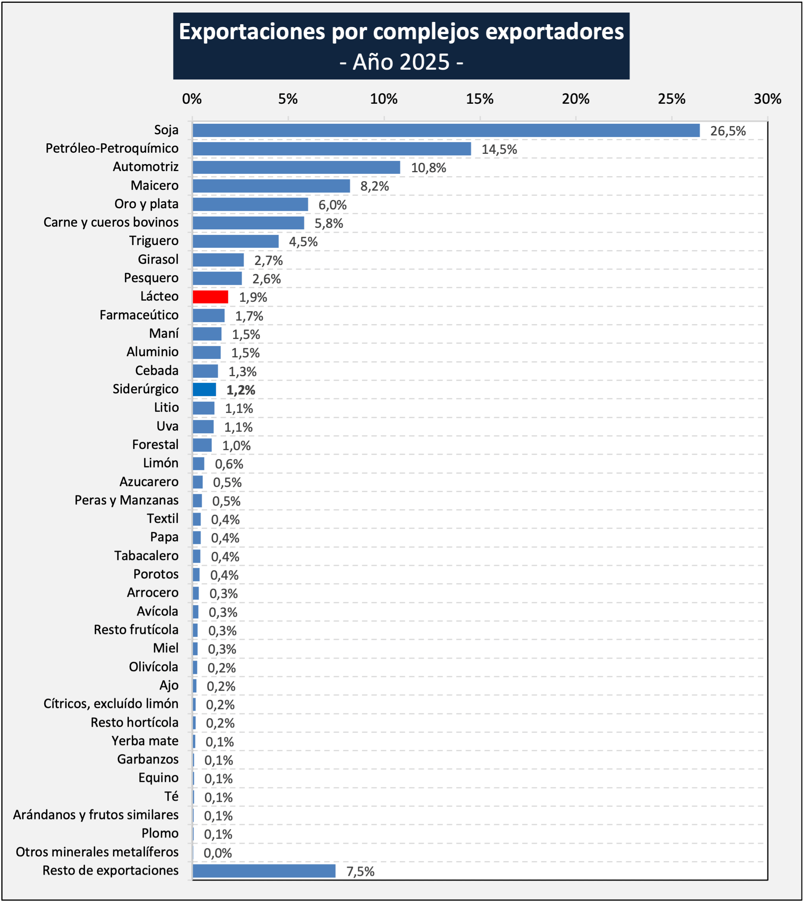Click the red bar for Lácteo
click(x=210, y=297)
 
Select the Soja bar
click(x=446, y=130)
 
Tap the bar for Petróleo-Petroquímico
click(x=331, y=149)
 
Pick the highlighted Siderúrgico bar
click(x=204, y=390)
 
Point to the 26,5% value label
click(x=728, y=131)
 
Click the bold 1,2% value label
click(x=241, y=390)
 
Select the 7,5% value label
click(x=360, y=872)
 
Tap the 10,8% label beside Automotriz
click(x=428, y=168)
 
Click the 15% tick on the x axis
click(x=480, y=99)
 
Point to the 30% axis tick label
click(x=767, y=99)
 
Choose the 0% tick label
click(x=192, y=99)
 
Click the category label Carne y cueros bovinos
click(x=111, y=222)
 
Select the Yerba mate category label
click(x=145, y=741)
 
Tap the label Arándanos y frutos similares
click(x=96, y=815)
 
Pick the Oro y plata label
click(x=146, y=204)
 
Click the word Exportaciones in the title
click(x=252, y=32)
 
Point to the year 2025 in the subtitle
click(x=423, y=62)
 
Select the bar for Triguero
click(x=235, y=241)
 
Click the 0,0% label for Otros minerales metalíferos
click(x=218, y=853)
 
